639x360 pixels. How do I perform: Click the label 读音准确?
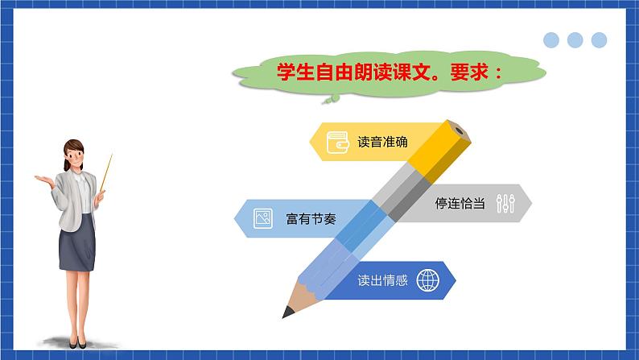pyautogui.click(x=382, y=143)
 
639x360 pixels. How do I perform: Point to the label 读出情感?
pyautogui.click(x=382, y=281)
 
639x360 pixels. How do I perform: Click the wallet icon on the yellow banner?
pyautogui.click(x=337, y=143)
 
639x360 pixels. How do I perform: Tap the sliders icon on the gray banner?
pyautogui.click(x=505, y=203)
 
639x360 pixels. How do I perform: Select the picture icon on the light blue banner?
pyautogui.click(x=262, y=218)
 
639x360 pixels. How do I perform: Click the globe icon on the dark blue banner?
pyautogui.click(x=429, y=281)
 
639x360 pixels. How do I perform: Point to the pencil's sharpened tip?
pyautogui.click(x=287, y=311)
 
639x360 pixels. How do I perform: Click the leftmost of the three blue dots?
pyautogui.click(x=551, y=40)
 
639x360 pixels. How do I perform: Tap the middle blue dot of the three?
pyautogui.click(x=575, y=40)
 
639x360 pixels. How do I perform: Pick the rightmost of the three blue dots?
pyautogui.click(x=598, y=40)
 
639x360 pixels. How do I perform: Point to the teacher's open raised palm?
pyautogui.click(x=44, y=179)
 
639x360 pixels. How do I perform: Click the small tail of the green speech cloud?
pyautogui.click(x=330, y=99)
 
